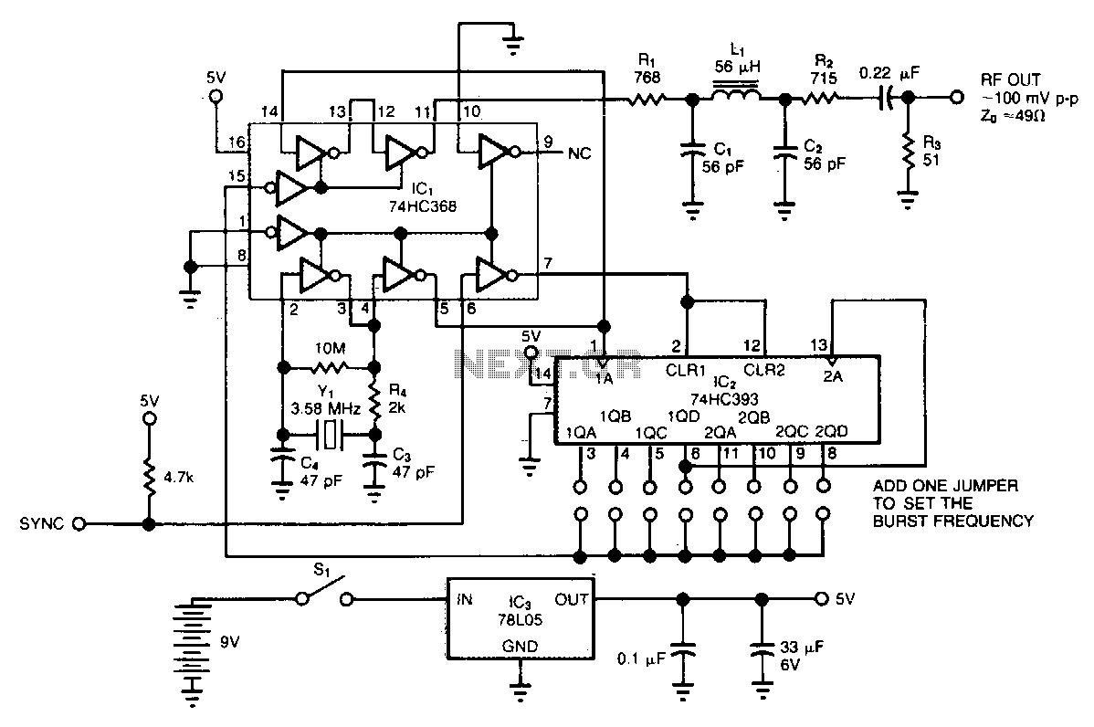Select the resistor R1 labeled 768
pyautogui.click(x=647, y=99)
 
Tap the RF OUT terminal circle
pyautogui.click(x=956, y=99)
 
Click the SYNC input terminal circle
pyautogui.click(x=79, y=523)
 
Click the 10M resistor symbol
pyautogui.click(x=330, y=367)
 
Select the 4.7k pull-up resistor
pyautogui.click(x=149, y=478)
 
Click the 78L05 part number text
pyautogui.click(x=520, y=619)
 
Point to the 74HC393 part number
pyautogui.click(x=724, y=399)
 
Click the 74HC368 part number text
pyautogui.click(x=423, y=205)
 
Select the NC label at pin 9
pyautogui.click(x=579, y=153)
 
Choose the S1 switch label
pyautogui.click(x=321, y=570)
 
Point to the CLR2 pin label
pyautogui.click(x=764, y=370)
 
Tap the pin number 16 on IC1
pyautogui.click(x=237, y=143)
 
